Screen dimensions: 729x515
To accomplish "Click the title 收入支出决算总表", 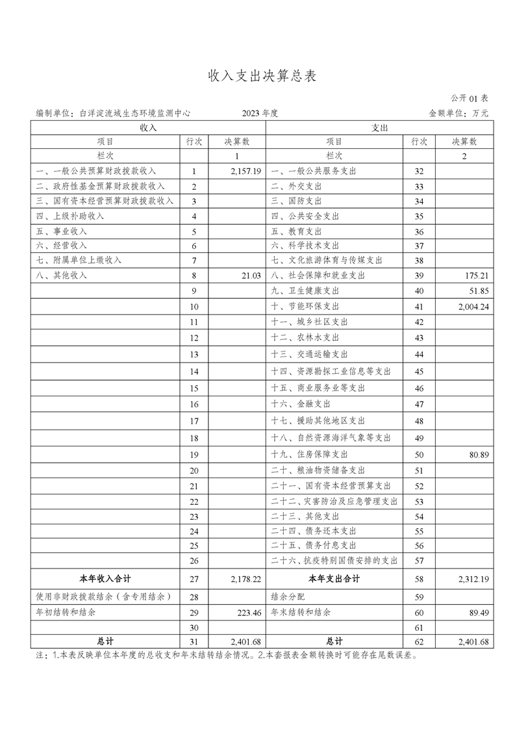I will point(262,75).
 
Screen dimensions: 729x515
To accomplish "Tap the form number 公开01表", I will point(470,98).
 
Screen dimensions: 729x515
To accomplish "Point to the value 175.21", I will point(477,275).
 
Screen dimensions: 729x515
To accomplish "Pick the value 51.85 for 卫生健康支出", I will point(479,290).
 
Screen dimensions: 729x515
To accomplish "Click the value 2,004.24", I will point(472,306).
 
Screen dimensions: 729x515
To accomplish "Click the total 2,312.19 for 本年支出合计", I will point(472,578).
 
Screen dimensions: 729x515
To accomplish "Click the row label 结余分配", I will point(287,596).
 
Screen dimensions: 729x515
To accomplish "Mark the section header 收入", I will point(148,128).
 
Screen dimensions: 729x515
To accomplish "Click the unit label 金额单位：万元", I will point(458,113).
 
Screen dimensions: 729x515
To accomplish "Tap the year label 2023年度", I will point(260,113).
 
